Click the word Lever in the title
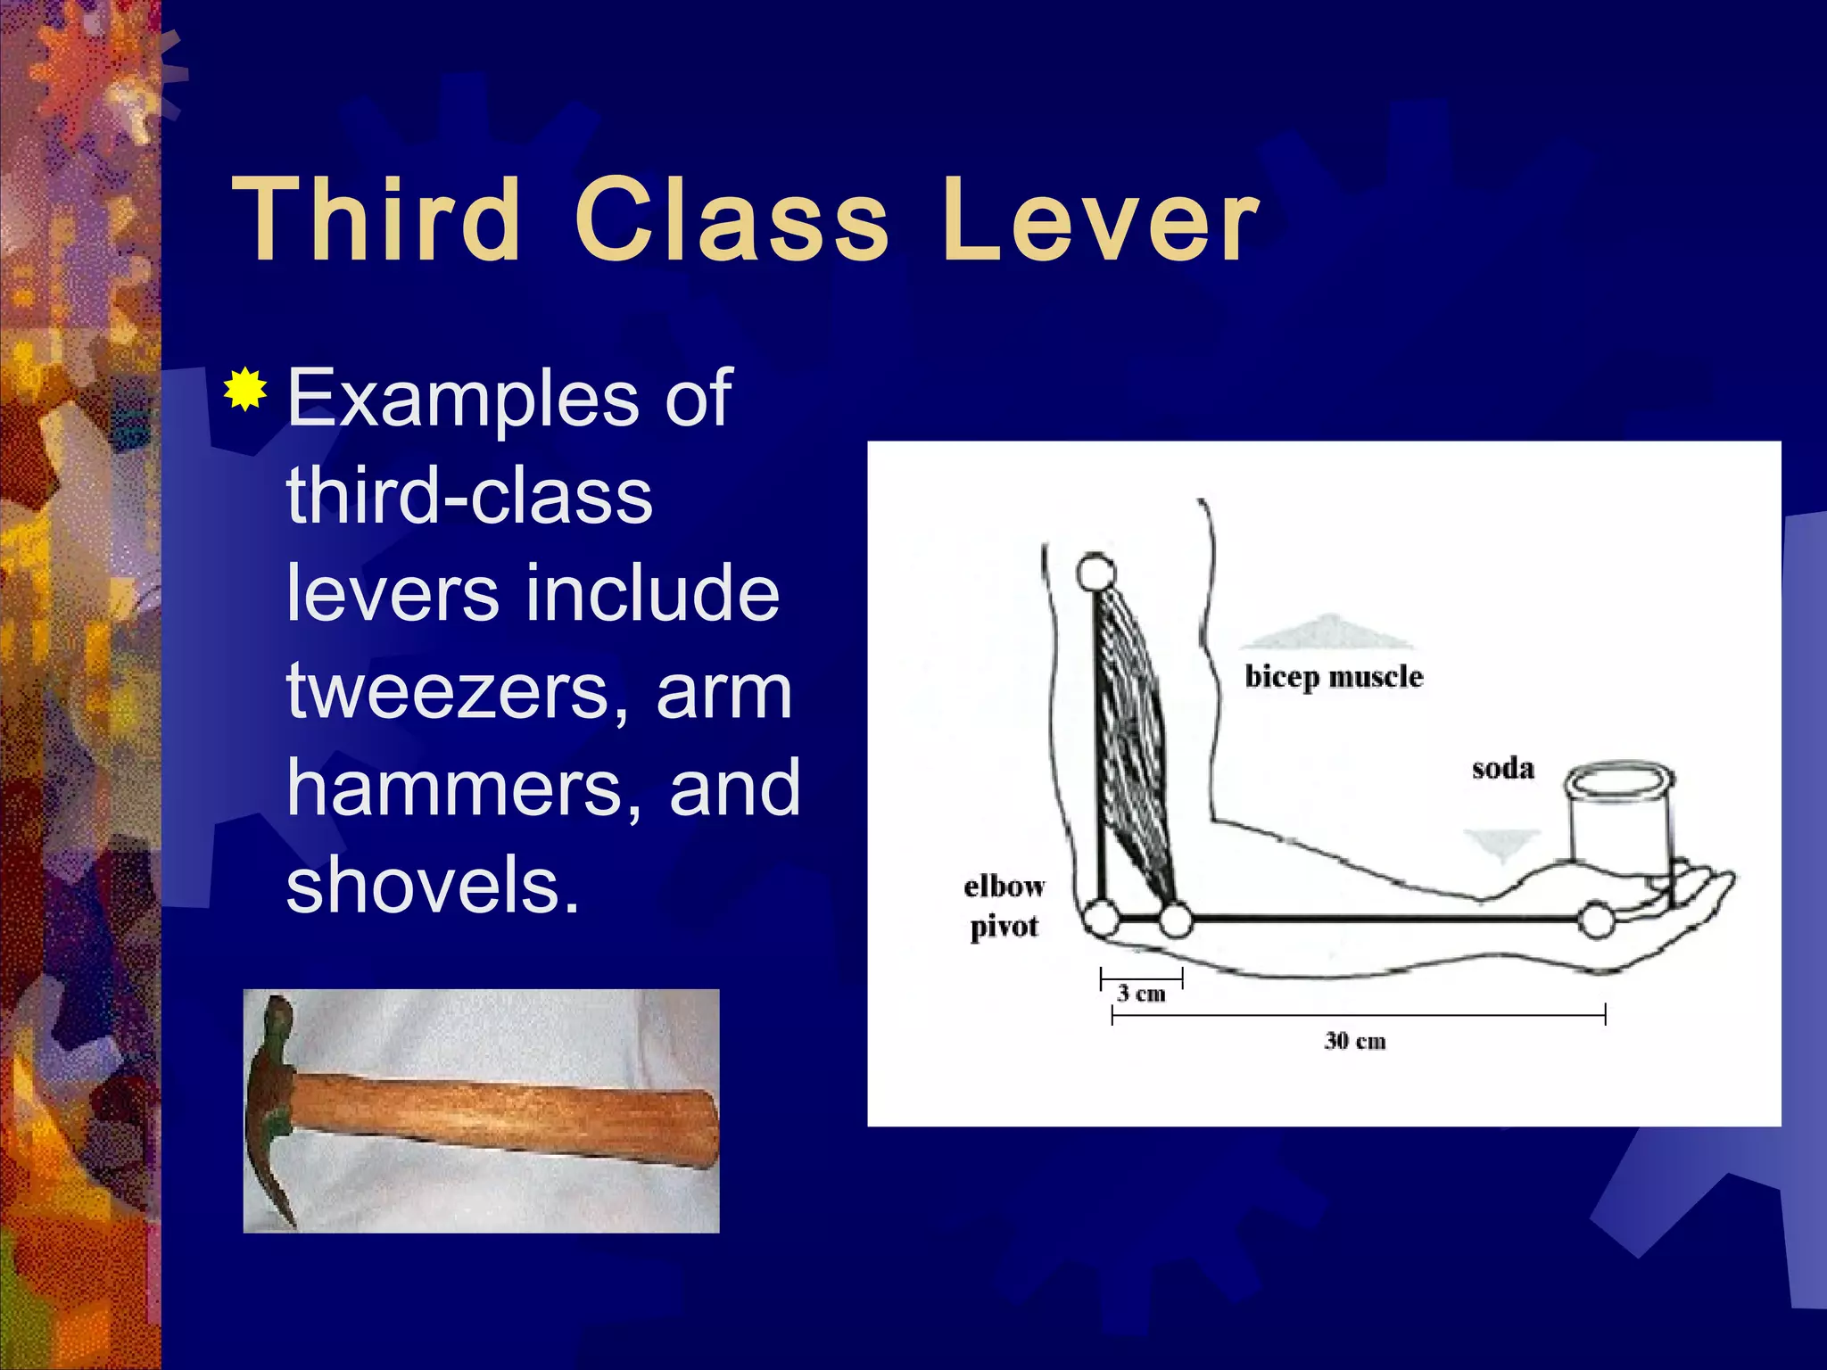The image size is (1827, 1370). coord(1099,219)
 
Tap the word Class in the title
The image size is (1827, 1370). coord(732,219)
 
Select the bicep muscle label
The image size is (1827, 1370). coord(1334,676)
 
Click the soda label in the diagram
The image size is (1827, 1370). coord(1503,768)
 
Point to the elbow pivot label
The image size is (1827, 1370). coord(1004,906)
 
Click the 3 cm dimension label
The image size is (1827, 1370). coord(1142,993)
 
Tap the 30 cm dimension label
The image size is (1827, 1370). coord(1354,1041)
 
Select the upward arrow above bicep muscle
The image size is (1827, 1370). coord(1327,631)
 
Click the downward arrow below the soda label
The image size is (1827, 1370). coord(1502,844)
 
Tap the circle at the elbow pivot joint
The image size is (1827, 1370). coord(1102,919)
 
